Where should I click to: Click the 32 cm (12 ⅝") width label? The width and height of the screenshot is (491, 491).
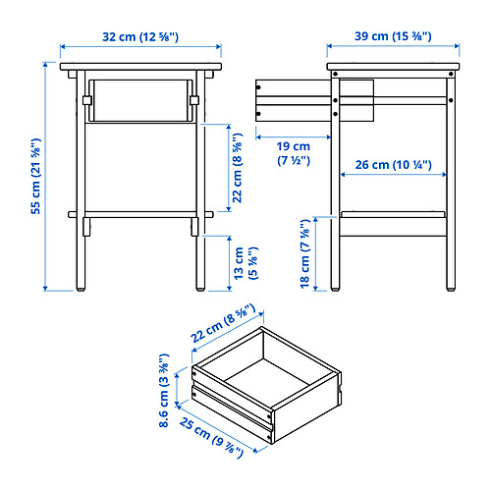tap(140, 36)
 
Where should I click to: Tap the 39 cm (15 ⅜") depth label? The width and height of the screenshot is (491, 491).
tap(393, 36)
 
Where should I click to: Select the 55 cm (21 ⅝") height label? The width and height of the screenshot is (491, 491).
tap(36, 176)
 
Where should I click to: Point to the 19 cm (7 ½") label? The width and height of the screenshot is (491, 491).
tap(294, 153)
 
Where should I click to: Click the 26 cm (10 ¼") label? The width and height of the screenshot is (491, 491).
tap(393, 165)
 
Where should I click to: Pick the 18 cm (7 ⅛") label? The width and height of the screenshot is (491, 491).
tap(305, 253)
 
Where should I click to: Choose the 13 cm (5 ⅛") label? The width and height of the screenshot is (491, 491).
tap(245, 263)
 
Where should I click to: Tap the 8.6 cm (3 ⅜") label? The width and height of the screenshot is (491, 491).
tap(164, 390)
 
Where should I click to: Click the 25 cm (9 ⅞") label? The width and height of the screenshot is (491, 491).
tap(211, 438)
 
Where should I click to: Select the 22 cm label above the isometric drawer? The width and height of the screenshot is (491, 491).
tap(223, 323)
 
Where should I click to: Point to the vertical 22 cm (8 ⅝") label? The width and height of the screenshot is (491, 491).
tap(238, 168)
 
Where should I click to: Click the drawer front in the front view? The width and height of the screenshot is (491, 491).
tap(140, 100)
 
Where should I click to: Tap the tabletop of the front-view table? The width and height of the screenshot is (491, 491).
tap(140, 67)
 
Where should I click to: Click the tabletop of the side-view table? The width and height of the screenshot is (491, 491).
tap(393, 67)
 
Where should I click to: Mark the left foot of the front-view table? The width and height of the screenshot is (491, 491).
tap(81, 290)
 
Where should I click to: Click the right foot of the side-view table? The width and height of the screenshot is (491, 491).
tap(451, 290)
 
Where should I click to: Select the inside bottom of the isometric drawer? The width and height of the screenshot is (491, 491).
tap(267, 381)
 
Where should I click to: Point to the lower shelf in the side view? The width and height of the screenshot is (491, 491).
tap(393, 214)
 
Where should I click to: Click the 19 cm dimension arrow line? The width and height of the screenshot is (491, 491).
tap(294, 137)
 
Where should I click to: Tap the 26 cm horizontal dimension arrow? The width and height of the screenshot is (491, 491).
tap(394, 175)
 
